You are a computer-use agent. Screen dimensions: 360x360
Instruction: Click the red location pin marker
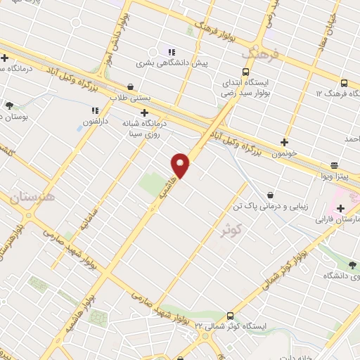coord(181,165)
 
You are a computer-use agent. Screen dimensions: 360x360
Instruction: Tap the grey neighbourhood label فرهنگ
coord(259,53)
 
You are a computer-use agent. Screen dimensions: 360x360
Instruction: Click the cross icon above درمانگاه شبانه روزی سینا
coord(145,112)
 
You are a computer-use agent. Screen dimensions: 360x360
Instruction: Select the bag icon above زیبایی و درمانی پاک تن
coord(271,195)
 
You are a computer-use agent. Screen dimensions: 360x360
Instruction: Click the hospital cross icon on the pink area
coord(341,208)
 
